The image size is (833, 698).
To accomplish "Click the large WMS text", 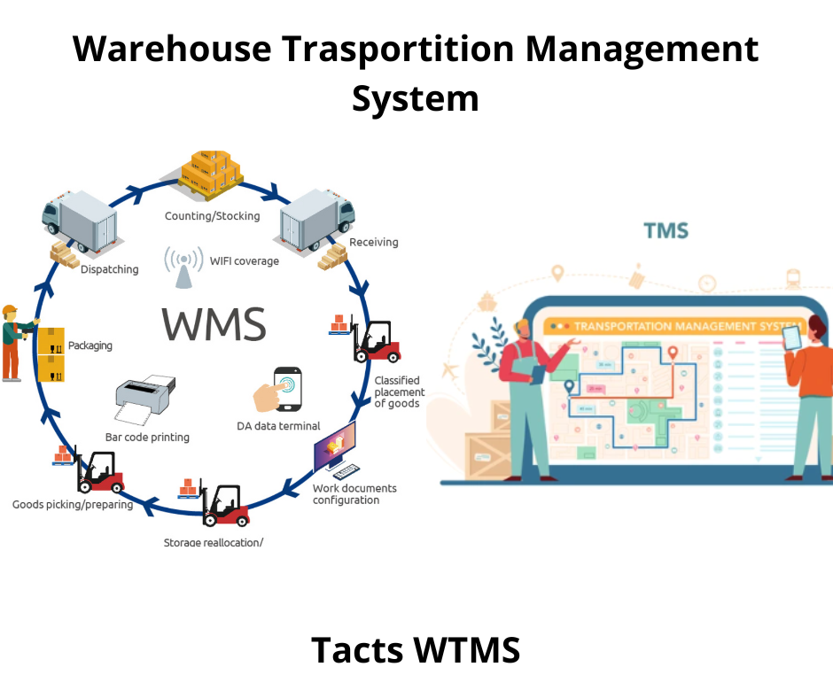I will tap(214, 324).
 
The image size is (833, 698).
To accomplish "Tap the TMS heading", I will tap(666, 231).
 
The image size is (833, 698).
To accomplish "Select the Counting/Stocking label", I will tap(213, 216).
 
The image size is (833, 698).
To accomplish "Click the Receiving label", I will tap(373, 242).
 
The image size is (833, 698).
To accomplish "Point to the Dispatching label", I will tap(110, 269).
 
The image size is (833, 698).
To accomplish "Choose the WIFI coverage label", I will tap(245, 261).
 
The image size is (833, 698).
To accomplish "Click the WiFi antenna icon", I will tap(183, 267).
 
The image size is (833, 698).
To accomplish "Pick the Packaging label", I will tap(90, 345).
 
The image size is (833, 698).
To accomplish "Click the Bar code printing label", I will tap(147, 437).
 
